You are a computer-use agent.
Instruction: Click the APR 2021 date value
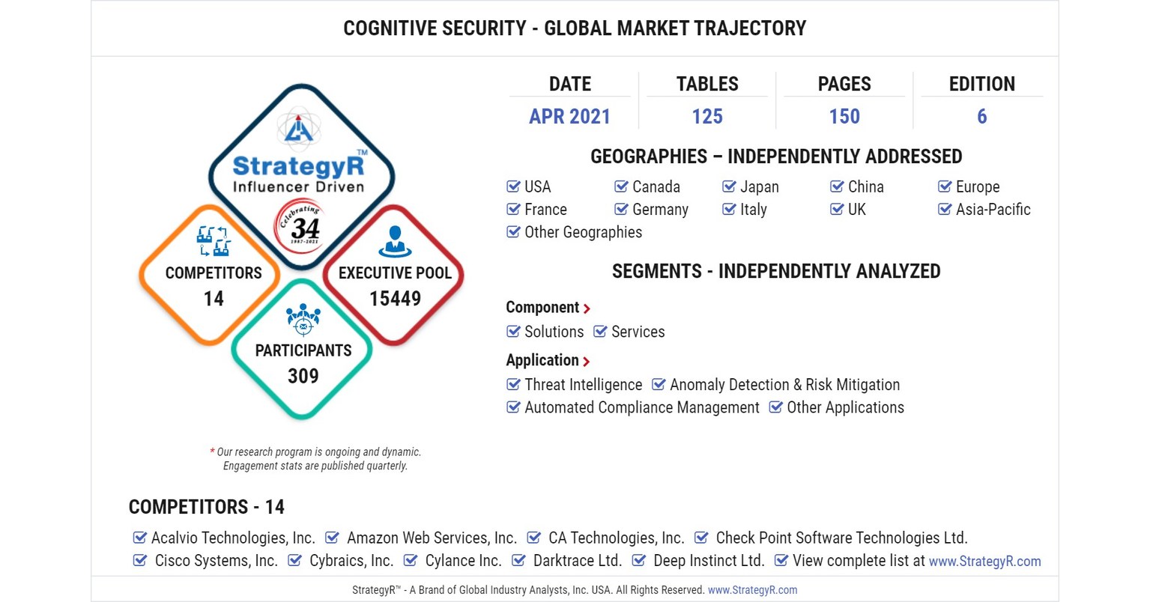click(x=569, y=117)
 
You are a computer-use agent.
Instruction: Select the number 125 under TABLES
click(x=706, y=117)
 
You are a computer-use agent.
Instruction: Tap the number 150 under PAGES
click(x=844, y=117)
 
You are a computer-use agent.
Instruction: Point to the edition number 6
click(x=981, y=117)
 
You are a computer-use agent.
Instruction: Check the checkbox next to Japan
click(x=729, y=186)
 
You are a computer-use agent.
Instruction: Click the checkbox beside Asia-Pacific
click(x=945, y=210)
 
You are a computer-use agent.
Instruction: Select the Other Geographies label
click(x=583, y=232)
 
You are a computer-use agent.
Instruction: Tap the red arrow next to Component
click(x=587, y=308)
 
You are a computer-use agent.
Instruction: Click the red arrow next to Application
click(x=586, y=362)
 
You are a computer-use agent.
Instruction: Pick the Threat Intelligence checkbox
click(x=513, y=385)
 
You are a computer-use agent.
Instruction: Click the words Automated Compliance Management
click(x=641, y=407)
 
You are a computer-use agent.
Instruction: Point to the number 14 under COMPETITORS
click(x=214, y=299)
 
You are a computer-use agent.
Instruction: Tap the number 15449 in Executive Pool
click(x=395, y=299)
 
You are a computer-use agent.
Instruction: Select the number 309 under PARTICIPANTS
click(x=303, y=376)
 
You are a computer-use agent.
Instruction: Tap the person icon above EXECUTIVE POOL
click(x=395, y=241)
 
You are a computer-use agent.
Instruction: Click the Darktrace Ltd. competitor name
click(x=577, y=561)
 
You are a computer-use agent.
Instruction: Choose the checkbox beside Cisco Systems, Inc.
click(x=140, y=561)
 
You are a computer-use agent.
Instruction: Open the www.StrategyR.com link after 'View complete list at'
click(x=984, y=562)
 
